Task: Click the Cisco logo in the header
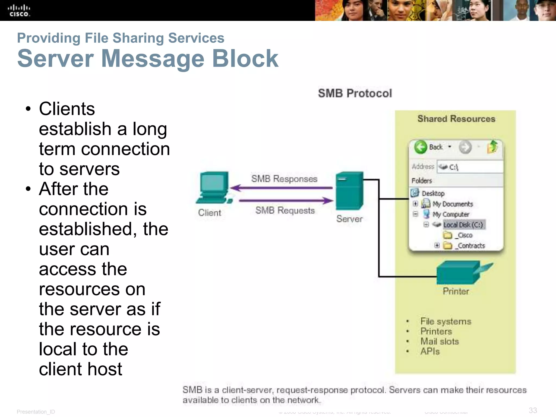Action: click(19, 11)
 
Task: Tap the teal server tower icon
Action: click(349, 190)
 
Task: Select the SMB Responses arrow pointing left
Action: click(282, 188)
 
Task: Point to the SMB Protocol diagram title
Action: click(355, 93)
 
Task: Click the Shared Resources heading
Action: click(456, 119)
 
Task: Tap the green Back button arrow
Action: click(421, 147)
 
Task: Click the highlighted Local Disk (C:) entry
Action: click(463, 225)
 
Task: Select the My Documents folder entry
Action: click(452, 204)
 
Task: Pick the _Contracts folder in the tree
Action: click(471, 246)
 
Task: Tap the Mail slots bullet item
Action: click(439, 341)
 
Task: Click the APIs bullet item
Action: click(430, 351)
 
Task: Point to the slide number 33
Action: click(533, 410)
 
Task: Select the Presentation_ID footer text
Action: click(36, 412)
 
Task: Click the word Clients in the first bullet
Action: click(67, 109)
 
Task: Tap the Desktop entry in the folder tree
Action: click(433, 193)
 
